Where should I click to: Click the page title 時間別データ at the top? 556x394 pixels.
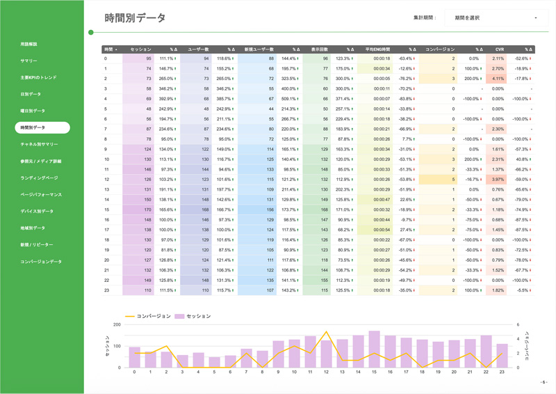tap(135, 18)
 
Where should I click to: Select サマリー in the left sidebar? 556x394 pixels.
tap(29, 61)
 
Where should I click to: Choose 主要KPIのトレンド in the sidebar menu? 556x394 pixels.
tap(38, 78)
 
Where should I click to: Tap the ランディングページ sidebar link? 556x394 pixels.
tap(39, 178)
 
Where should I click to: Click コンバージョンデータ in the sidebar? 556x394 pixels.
tap(41, 262)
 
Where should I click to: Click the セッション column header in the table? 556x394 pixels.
tap(140, 50)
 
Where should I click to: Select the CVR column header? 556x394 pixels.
tap(499, 50)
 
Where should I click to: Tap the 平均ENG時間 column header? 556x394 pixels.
tap(378, 50)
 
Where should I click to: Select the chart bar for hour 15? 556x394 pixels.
tap(375, 349)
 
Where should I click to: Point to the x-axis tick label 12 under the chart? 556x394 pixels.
tap(327, 372)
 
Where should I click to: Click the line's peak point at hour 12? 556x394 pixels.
tap(327, 332)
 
